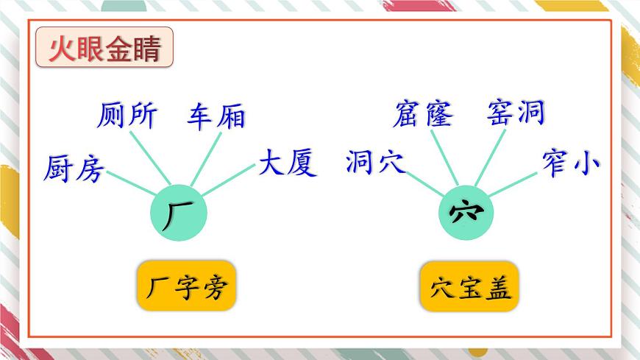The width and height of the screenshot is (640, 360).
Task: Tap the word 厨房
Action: pos(74,169)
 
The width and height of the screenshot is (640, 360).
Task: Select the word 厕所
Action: pos(127,116)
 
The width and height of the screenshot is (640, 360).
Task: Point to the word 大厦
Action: pos(287,163)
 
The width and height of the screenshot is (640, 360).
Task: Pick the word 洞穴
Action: pos(375,163)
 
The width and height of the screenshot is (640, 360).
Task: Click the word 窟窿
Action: pos(424,115)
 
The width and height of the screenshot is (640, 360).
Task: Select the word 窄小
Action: pos(570,162)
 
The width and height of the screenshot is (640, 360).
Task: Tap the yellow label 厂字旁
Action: pos(186,286)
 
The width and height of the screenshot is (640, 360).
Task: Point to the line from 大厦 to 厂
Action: pos(227,180)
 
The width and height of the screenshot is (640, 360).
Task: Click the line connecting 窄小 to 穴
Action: pos(512,185)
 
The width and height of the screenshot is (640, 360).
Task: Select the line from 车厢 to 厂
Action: pos(205,159)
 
